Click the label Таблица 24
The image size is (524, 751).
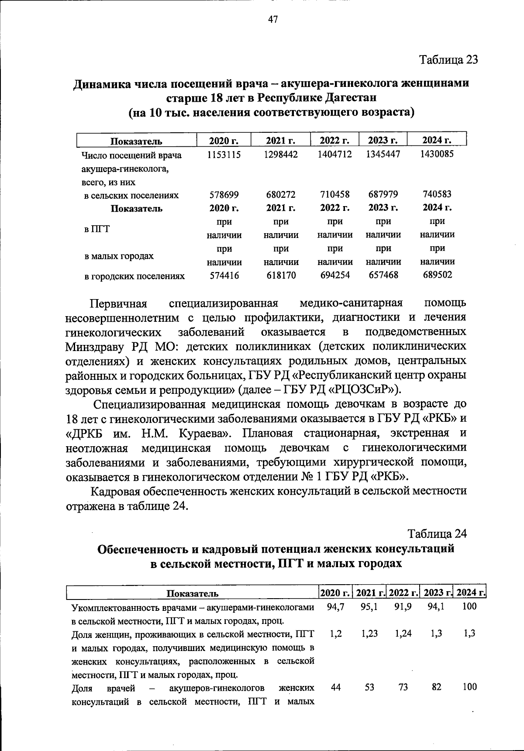pos(437,534)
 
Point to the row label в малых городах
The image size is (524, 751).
pos(119,255)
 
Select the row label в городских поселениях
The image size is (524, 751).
pos(134,276)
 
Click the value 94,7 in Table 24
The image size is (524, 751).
pos(335,606)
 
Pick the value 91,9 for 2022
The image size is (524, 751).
pos(403,606)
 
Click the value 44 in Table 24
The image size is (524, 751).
pos(335,687)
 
